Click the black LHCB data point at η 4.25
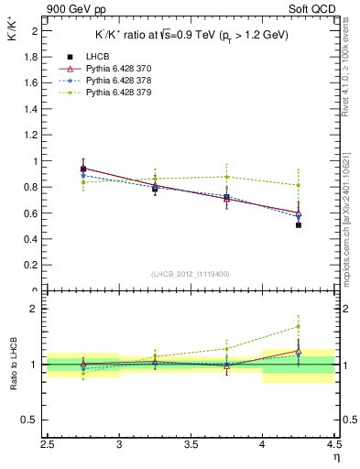point(299,224)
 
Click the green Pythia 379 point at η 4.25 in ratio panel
point(299,326)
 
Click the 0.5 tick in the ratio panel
point(35,420)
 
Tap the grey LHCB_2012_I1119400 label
point(191,274)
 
